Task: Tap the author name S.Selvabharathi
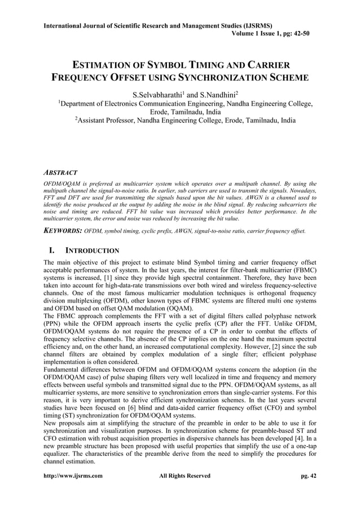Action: click(156, 93)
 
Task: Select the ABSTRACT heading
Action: click(60, 172)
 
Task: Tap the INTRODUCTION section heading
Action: click(92, 250)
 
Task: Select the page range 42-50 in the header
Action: click(299, 34)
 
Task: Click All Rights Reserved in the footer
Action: click(185, 476)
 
